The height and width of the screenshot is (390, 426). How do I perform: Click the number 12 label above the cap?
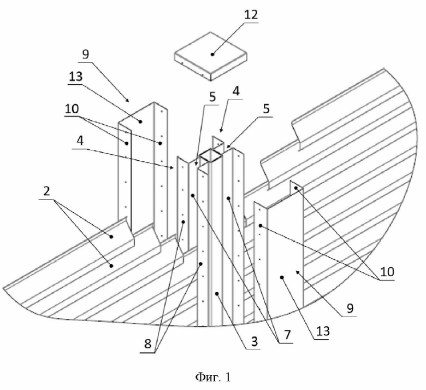coord(251,15)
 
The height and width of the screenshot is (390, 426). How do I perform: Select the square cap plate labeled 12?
coord(211,56)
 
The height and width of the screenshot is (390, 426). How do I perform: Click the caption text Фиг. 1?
coord(213,377)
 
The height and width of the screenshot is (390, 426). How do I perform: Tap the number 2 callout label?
coord(47,191)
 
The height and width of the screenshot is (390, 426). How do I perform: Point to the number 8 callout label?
coord(147,344)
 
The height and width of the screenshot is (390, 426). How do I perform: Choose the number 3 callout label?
coord(254,341)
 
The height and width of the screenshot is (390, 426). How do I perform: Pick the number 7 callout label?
coord(287,334)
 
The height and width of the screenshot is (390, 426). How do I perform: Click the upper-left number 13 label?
coord(75,77)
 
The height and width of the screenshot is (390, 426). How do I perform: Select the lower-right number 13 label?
coord(323,331)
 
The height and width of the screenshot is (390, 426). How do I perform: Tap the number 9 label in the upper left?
coord(85,55)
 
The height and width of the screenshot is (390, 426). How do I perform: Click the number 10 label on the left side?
coord(72,109)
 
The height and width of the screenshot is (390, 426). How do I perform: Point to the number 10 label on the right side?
coord(387,272)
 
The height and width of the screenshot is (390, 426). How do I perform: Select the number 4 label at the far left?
coord(80,141)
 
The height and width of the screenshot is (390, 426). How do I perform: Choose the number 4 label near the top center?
coord(236,91)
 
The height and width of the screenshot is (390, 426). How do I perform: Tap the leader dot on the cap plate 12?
coord(212,55)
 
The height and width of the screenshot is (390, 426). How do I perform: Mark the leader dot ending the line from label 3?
coord(216,293)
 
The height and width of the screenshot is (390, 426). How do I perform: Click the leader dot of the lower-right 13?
coord(282,277)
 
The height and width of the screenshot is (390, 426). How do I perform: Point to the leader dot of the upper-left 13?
coord(140,121)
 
